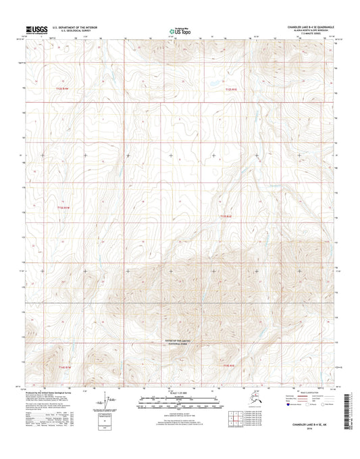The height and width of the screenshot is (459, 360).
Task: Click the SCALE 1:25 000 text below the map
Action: pyautogui.click(x=180, y=393)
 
